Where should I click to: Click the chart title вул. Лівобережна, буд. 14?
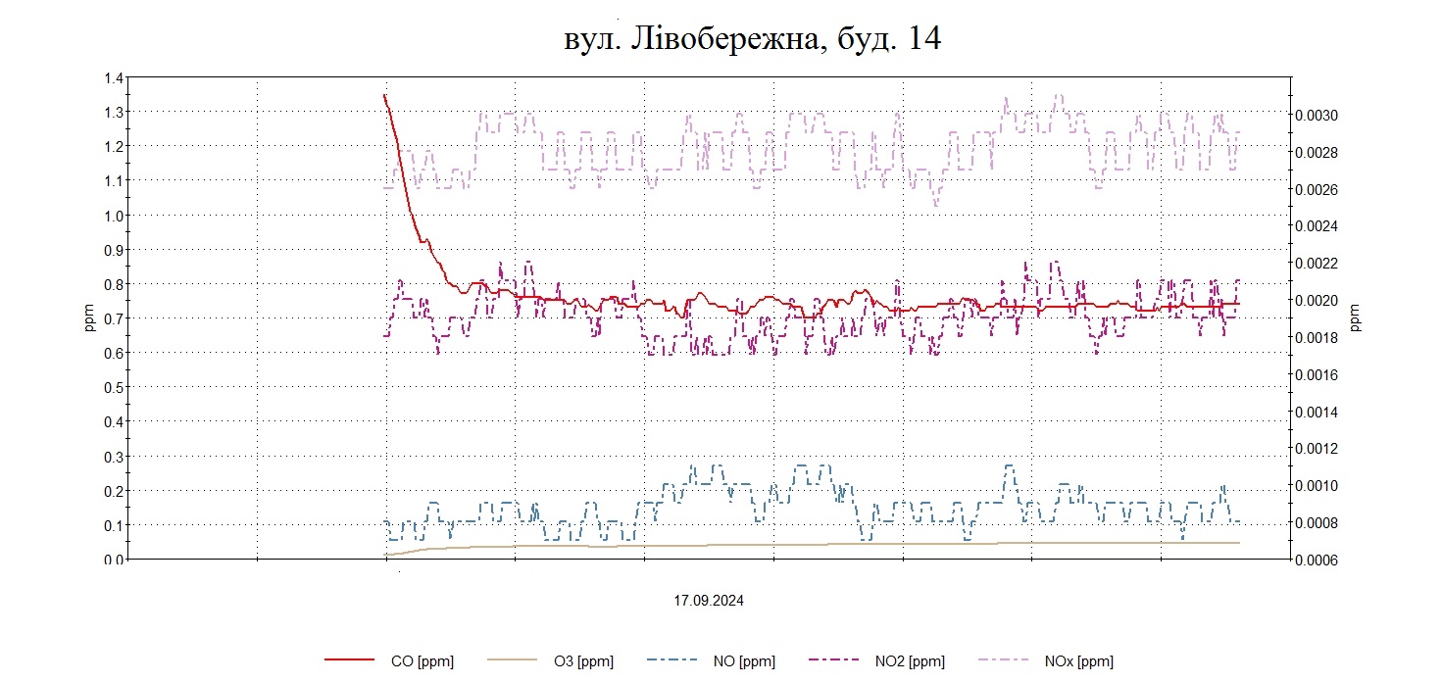753,39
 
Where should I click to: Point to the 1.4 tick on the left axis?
114,77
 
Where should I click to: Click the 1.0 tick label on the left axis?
114,216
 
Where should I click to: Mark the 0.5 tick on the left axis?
114,387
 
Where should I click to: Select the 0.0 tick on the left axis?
114,560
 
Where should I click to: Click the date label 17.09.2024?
708,601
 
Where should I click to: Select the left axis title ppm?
89,318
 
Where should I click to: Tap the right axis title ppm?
1356,318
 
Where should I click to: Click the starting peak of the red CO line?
384,95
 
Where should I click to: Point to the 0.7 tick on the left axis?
114,318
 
